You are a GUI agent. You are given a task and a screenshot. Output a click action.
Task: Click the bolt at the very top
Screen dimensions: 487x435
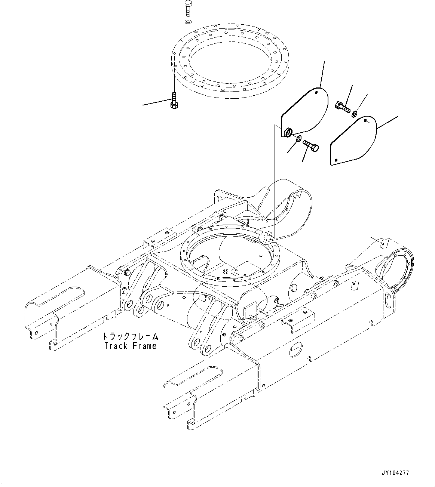188,7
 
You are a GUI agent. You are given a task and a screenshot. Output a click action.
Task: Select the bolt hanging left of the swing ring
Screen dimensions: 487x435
174,100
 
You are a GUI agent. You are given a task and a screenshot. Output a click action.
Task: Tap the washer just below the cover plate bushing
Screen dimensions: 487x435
298,139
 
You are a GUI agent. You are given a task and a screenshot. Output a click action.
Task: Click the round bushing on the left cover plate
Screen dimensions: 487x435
288,132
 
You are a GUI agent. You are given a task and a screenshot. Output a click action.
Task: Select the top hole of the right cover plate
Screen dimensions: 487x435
365,120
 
